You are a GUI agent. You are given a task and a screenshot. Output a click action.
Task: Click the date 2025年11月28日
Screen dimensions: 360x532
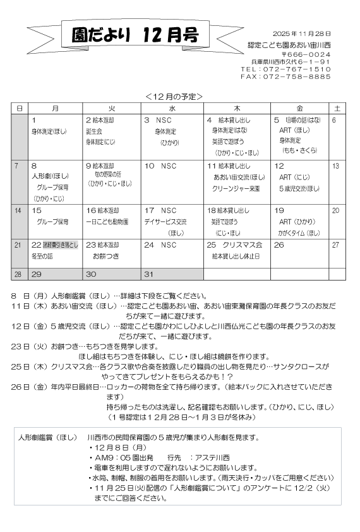coord(302,33)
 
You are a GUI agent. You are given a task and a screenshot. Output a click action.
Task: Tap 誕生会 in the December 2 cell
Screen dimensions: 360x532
coord(94,131)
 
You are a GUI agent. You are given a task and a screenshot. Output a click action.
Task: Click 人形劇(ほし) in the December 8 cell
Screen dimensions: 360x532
coord(51,176)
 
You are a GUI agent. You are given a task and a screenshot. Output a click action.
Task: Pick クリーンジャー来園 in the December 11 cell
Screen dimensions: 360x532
coord(237,188)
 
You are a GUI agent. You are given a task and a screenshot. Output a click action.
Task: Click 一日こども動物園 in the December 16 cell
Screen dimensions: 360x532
coord(107,222)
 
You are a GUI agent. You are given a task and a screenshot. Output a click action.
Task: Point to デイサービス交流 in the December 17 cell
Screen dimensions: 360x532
coord(165,222)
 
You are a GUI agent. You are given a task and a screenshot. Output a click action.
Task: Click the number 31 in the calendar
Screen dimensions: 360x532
coord(149,274)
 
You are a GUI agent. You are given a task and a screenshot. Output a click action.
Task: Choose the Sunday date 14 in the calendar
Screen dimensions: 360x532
coord(18,210)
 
